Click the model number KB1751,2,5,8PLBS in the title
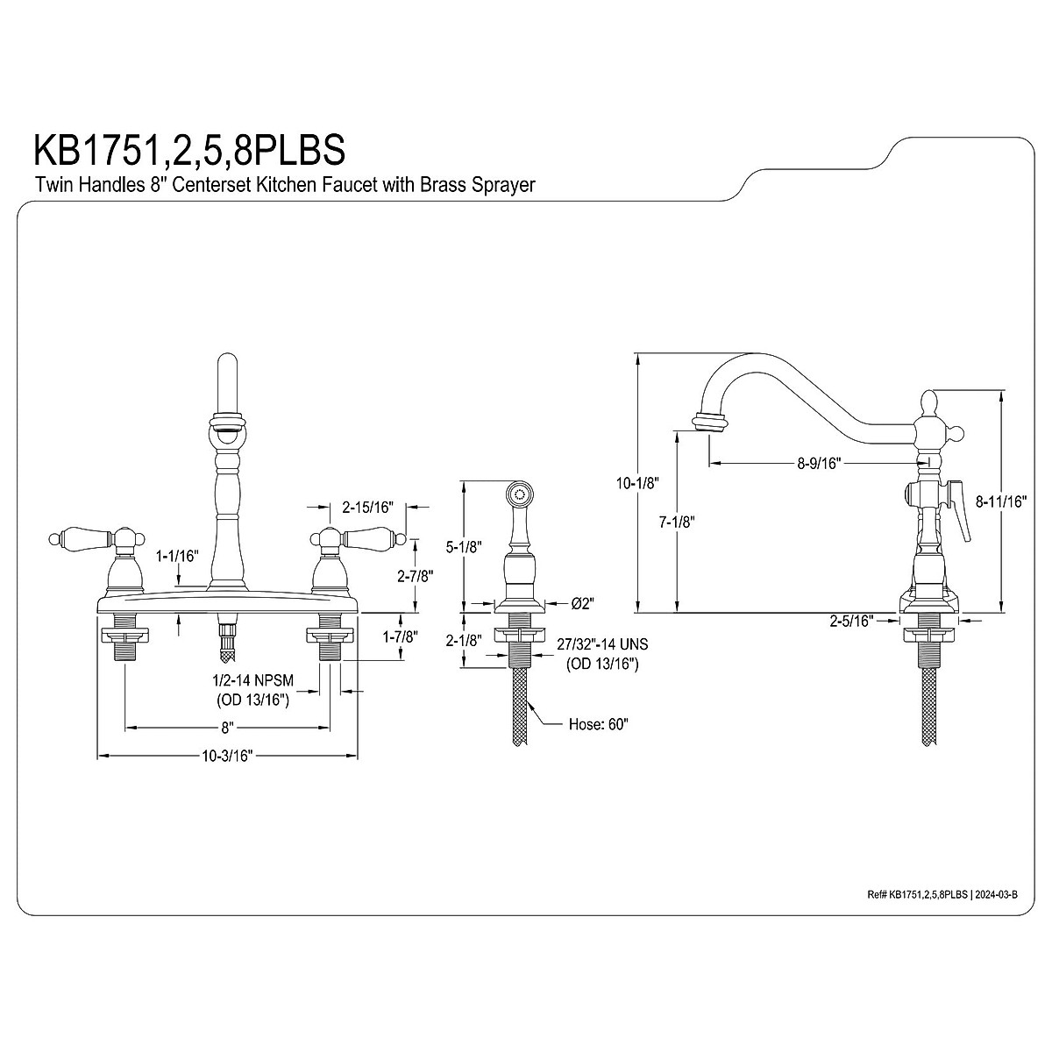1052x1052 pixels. tap(188, 149)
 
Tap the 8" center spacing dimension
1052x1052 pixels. tap(226, 727)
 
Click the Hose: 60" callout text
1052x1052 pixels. tap(599, 724)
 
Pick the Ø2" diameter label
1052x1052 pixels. tap(583, 603)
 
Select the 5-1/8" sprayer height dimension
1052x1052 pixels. tap(464, 547)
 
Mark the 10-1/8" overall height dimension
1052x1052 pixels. tap(636, 482)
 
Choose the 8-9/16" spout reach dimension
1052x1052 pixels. tap(819, 463)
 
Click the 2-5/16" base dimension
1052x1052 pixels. tap(852, 621)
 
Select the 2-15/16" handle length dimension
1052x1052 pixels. tap(367, 506)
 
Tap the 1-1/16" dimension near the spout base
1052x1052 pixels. tap(178, 555)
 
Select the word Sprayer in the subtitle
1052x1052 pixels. tap(501, 185)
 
